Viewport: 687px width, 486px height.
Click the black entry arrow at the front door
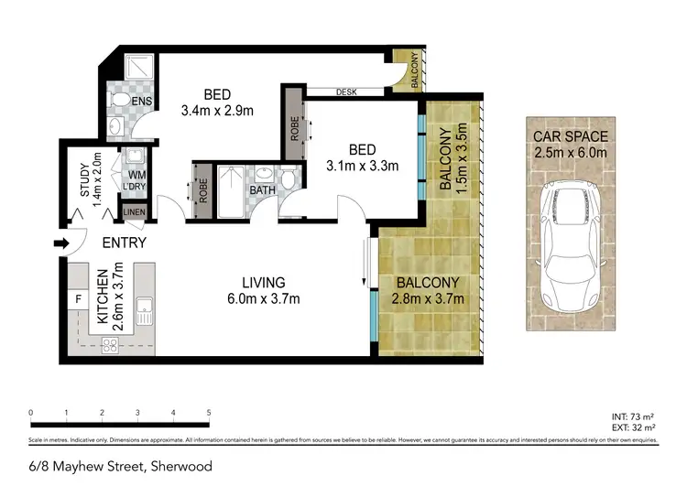pyautogui.click(x=60, y=243)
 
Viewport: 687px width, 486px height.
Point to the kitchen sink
pyautogui.click(x=144, y=312)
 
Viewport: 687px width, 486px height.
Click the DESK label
pyautogui.click(x=346, y=92)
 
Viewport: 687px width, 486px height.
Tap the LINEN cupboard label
pyautogui.click(x=134, y=212)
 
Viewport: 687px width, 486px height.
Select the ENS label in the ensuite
pyautogui.click(x=142, y=101)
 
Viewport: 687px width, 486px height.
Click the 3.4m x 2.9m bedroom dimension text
pyautogui.click(x=217, y=111)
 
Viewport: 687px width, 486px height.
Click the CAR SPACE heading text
pyautogui.click(x=571, y=137)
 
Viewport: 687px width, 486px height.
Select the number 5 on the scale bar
pyautogui.click(x=209, y=413)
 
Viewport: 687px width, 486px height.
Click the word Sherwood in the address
pyautogui.click(x=181, y=466)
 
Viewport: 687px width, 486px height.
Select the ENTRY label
pyautogui.click(x=124, y=243)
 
